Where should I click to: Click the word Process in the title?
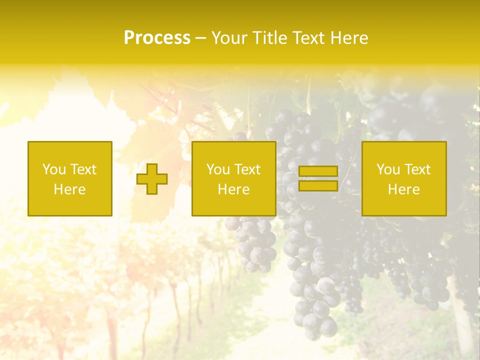(157, 38)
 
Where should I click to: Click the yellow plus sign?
(152, 179)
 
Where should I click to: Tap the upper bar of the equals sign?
(318, 171)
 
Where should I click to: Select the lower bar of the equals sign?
(318, 186)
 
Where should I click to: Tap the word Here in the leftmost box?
(69, 189)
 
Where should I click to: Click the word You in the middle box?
(218, 169)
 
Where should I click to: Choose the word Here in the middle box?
(233, 189)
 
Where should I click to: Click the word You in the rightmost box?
(388, 169)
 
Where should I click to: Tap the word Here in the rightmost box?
(403, 189)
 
